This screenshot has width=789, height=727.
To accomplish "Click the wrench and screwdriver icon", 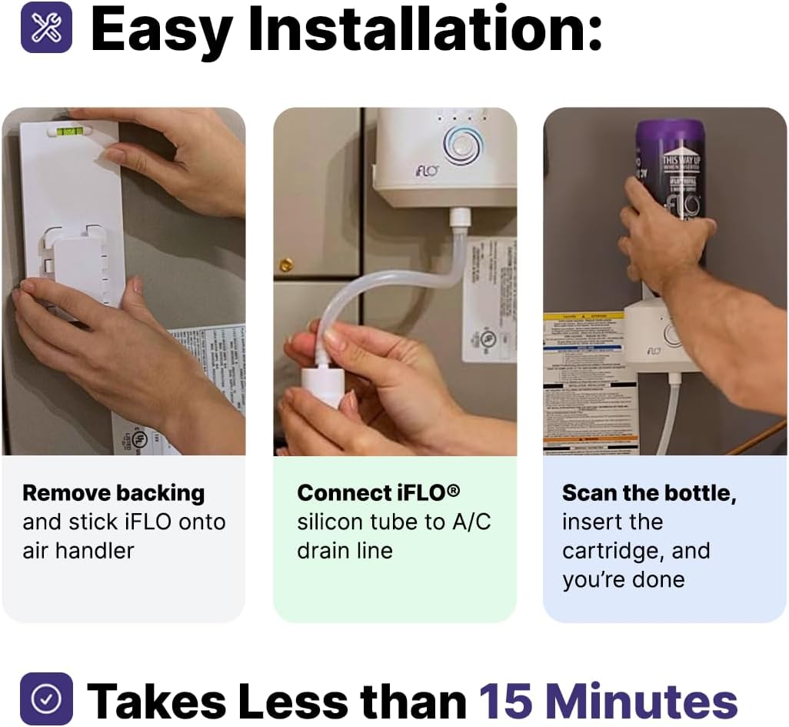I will (46, 28).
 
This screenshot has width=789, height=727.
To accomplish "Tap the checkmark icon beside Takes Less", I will (46, 699).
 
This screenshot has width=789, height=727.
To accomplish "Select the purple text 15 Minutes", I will (608, 701).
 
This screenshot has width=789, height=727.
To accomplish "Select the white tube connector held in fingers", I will (321, 383).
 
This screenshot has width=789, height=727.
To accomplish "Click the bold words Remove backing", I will (113, 492).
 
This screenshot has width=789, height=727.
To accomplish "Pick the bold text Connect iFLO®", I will (378, 492).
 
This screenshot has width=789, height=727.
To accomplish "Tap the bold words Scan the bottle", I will (648, 492).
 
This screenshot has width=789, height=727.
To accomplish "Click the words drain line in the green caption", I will (345, 551).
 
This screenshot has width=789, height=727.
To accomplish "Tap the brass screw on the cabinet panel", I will (286, 265).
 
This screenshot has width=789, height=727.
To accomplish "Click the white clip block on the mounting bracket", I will (79, 269).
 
